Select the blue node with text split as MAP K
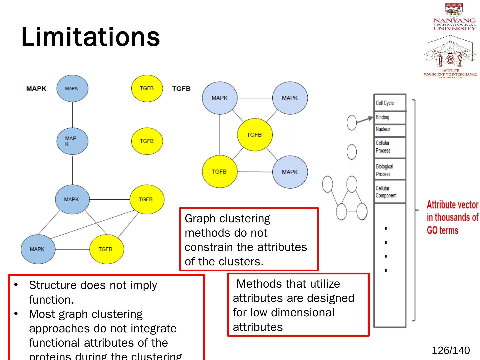click(72, 141)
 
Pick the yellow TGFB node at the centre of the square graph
click(255, 135)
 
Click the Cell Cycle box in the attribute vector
click(390, 103)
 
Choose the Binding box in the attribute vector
click(390, 117)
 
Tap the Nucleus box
click(390, 130)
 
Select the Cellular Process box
click(390, 147)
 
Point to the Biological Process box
click(390, 170)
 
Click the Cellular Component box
click(390, 192)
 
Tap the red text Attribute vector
click(452, 204)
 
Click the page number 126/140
click(450, 350)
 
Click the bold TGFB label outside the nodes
click(181, 89)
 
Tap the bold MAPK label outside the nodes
click(36, 89)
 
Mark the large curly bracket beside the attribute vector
click(414, 210)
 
